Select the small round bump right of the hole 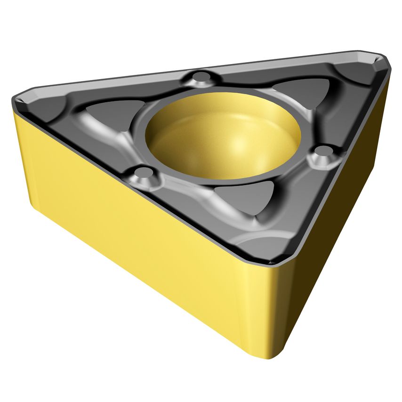click(x=323, y=152)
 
